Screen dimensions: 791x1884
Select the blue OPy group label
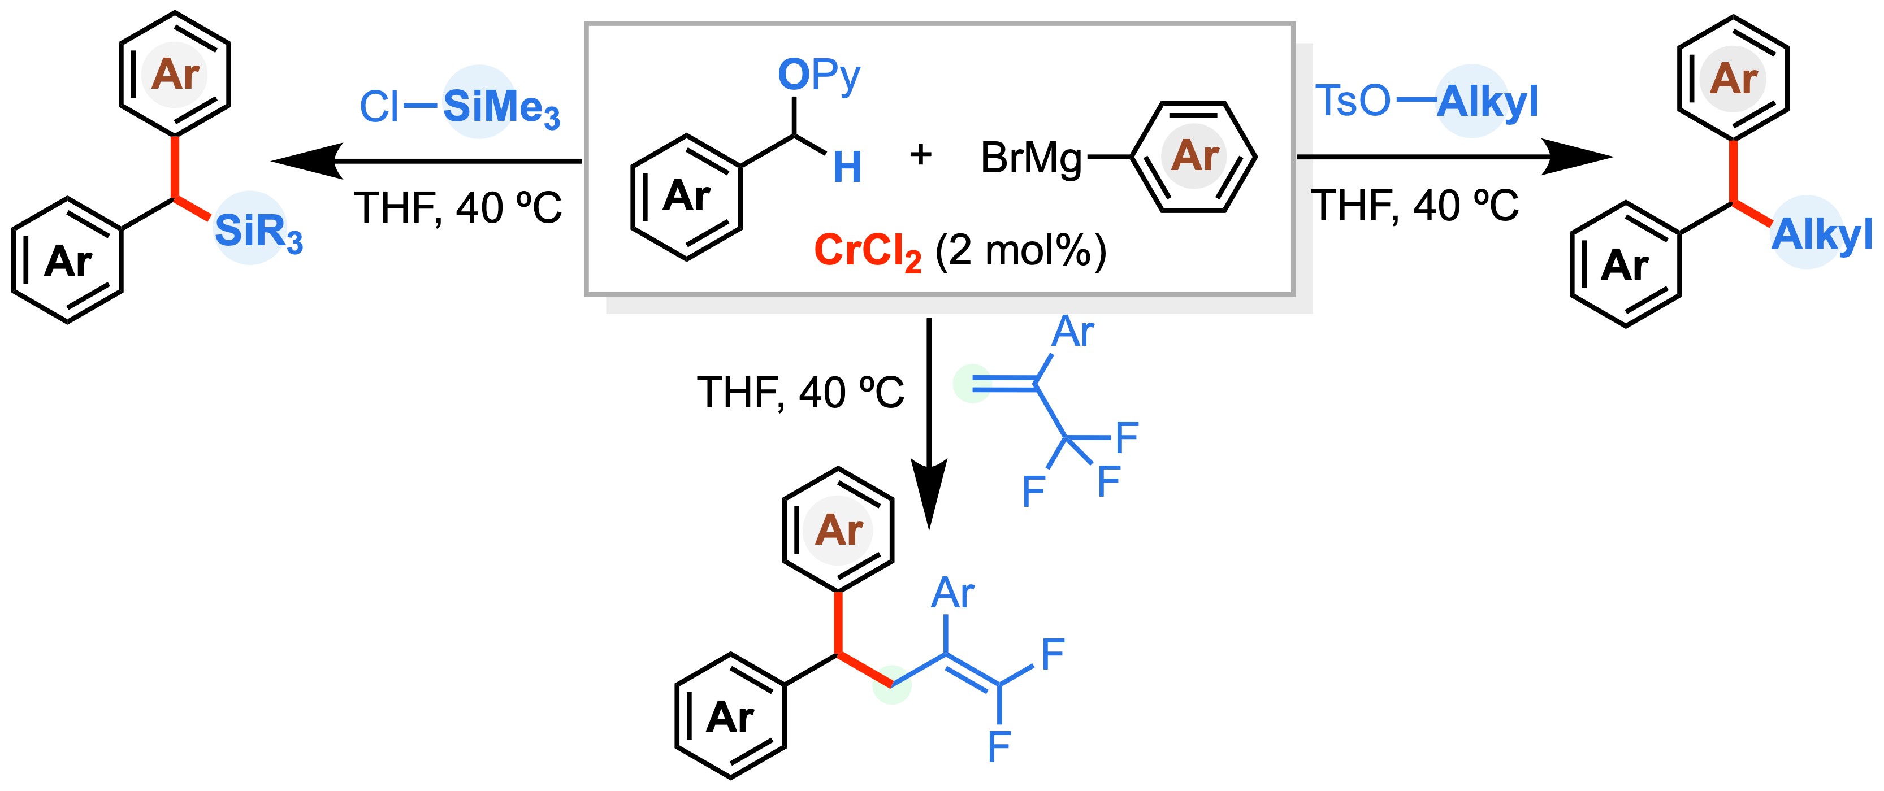coord(818,75)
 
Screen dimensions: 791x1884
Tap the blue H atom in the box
coord(847,167)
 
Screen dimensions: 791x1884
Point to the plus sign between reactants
coord(921,154)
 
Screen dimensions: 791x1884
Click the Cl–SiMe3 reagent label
coord(460,107)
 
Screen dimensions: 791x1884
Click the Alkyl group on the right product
coord(1821,234)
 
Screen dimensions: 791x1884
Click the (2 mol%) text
coord(1020,251)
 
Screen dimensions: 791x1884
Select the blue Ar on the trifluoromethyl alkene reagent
coord(1072,333)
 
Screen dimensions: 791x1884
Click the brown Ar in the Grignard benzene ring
coord(1195,156)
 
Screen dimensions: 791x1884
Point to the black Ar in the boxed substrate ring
coord(686,196)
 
